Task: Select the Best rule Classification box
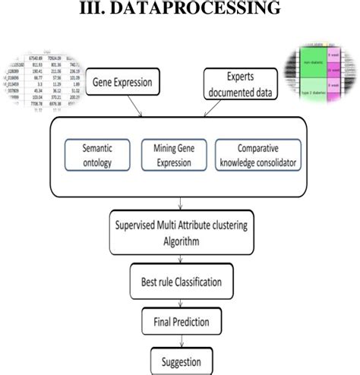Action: (x=180, y=282)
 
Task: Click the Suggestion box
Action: (x=181, y=359)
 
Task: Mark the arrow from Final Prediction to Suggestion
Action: (x=180, y=341)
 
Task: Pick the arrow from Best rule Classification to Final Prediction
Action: (x=180, y=303)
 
